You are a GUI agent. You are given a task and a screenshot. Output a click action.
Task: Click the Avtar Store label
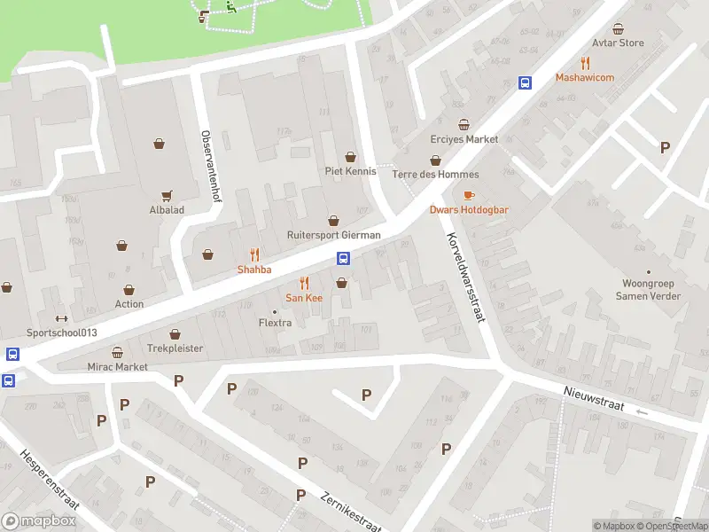coord(619,43)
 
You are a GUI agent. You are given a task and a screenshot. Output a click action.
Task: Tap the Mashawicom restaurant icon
coord(585,62)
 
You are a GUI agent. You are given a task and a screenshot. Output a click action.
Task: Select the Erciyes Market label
coord(464,139)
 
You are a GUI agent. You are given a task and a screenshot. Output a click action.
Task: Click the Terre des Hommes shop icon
coord(435,160)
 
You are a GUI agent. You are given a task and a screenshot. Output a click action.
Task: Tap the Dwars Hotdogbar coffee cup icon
coord(469,195)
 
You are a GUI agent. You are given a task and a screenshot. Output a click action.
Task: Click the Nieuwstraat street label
coord(593,398)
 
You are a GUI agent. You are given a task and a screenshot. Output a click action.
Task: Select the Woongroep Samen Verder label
coord(649,290)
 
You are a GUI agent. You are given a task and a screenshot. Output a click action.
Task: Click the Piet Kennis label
coord(351,171)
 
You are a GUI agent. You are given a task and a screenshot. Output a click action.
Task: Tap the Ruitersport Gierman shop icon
coord(334,220)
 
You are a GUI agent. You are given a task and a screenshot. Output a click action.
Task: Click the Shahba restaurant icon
coord(254,254)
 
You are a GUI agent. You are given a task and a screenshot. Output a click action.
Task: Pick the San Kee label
coord(304,298)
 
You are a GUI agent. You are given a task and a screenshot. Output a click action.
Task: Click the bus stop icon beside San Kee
coord(343,259)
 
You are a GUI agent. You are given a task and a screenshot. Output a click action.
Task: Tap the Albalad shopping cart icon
coord(166,195)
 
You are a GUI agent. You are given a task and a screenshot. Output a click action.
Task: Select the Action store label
coord(129,304)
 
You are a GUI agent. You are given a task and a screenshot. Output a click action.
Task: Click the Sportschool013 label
coord(61,332)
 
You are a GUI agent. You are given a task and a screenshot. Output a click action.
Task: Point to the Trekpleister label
coord(175,348)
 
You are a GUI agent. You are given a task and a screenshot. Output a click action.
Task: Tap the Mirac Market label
coord(117,366)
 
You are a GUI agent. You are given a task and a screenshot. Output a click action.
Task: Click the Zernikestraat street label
coord(350,512)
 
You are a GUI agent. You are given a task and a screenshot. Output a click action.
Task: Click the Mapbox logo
coord(39,521)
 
